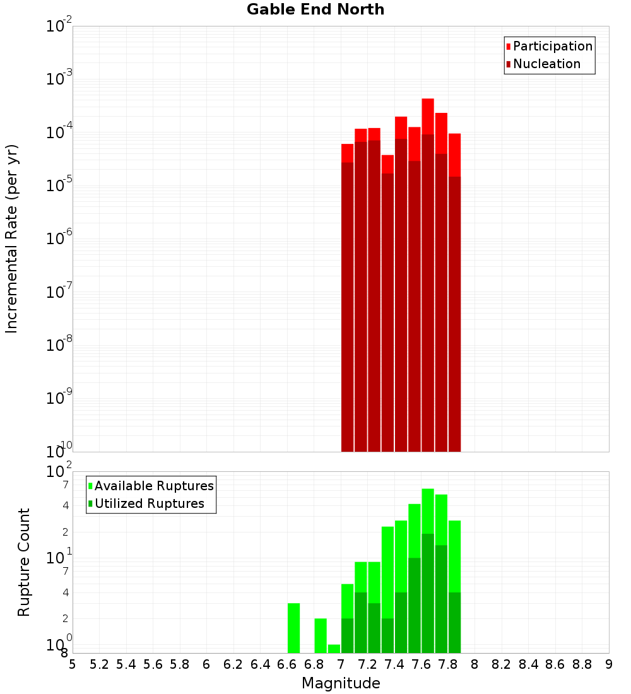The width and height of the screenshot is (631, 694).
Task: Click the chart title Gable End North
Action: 315,9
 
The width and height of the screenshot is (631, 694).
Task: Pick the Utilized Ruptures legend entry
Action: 149,503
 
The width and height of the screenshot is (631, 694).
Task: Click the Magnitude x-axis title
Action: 341,683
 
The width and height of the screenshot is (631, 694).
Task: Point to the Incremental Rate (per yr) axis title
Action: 12,238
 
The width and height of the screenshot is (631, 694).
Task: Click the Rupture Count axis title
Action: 24,562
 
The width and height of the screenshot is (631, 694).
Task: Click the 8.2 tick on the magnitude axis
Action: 502,664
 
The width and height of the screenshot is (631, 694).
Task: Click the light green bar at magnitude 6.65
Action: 293,628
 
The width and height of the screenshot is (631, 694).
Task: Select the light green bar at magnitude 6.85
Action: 321,635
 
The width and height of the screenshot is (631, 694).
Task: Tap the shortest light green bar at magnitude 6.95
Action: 334,649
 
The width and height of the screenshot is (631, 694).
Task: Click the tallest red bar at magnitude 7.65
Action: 428,116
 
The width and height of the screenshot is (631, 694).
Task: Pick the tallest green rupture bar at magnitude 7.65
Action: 428,510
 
